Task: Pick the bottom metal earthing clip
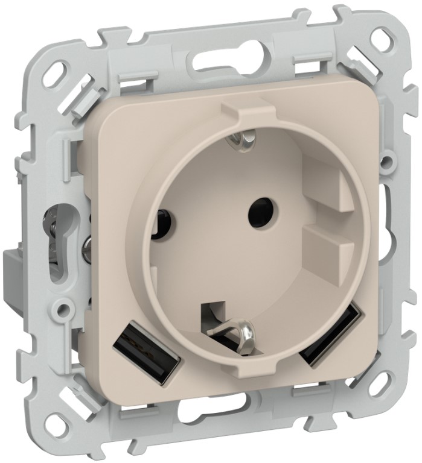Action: [x=242, y=329]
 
